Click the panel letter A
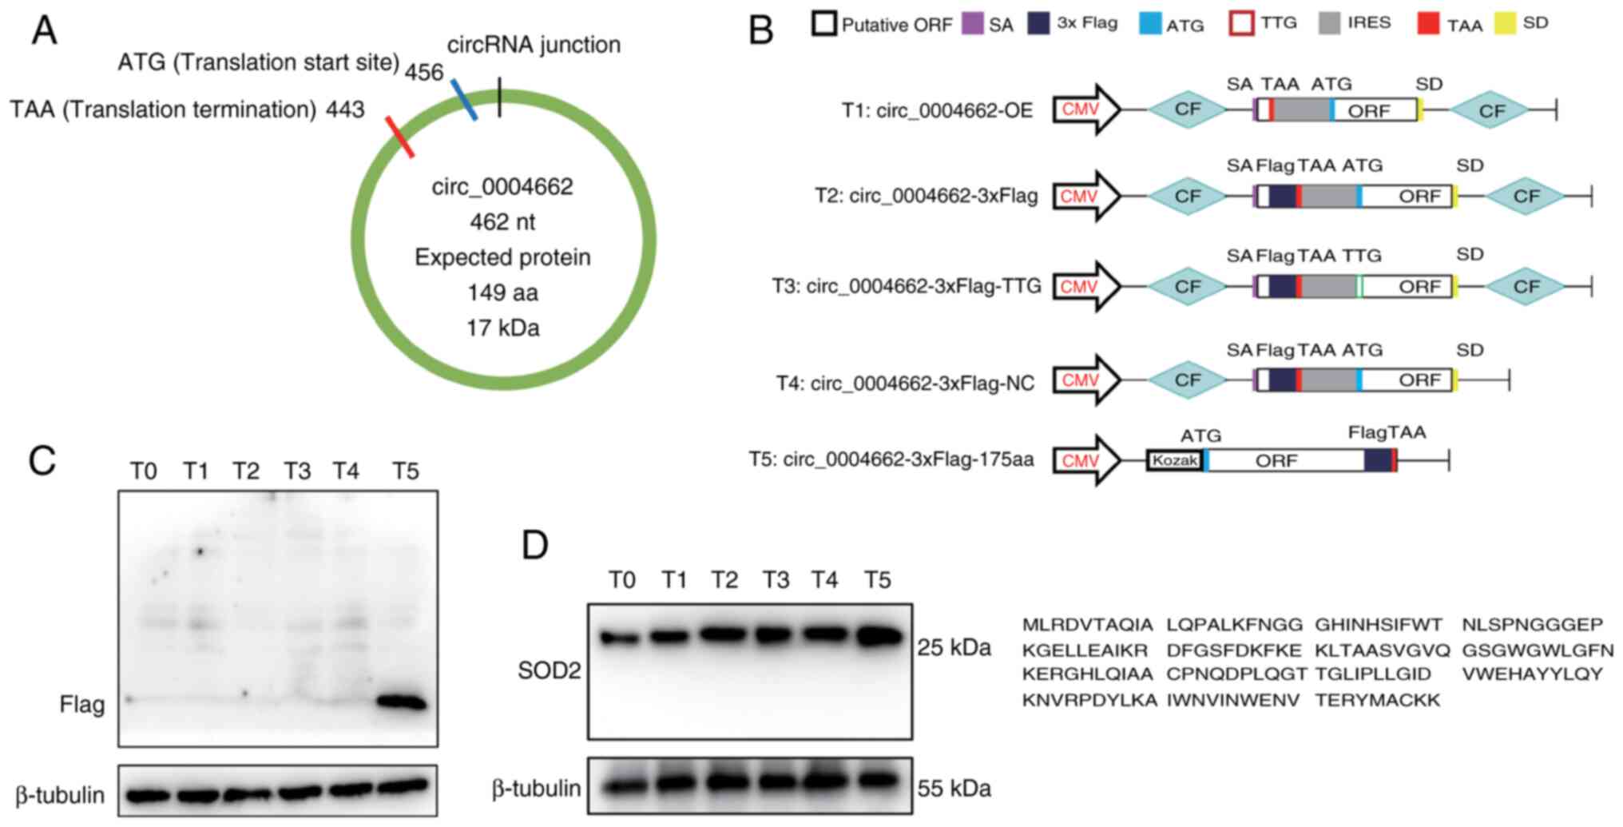(45, 31)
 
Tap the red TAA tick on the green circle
(399, 137)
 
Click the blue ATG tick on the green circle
(464, 100)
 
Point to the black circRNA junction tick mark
(499, 97)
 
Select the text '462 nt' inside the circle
(502, 221)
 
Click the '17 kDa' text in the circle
(502, 328)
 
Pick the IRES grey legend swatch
(1329, 23)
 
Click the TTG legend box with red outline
(1240, 23)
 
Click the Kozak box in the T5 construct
(1174, 460)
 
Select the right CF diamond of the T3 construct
(1526, 286)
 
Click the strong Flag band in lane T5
(402, 702)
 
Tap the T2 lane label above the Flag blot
(246, 471)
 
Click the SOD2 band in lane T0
(621, 638)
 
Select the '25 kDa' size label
(954, 647)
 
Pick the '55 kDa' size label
(954, 789)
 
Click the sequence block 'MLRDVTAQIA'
(1087, 625)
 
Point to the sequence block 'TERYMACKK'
(1377, 701)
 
